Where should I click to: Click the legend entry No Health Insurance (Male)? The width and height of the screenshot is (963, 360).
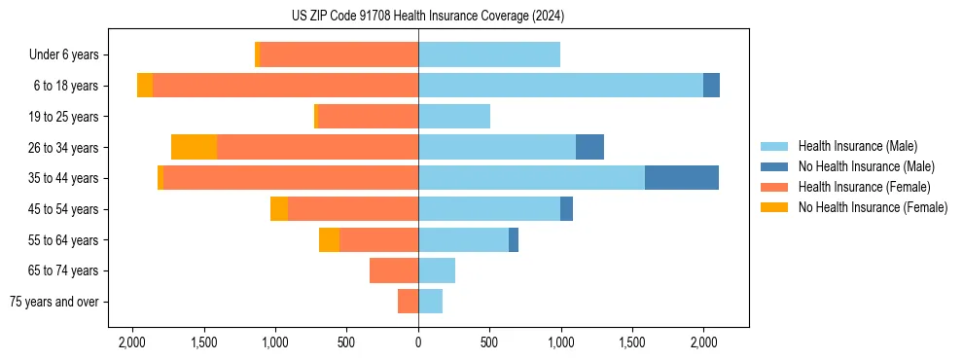pyautogui.click(x=865, y=166)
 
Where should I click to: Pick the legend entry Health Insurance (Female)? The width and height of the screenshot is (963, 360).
pyautogui.click(x=864, y=187)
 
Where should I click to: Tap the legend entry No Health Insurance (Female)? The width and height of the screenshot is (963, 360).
pyautogui.click(x=872, y=207)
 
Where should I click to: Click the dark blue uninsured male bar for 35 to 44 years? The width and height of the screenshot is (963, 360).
pyautogui.click(x=681, y=178)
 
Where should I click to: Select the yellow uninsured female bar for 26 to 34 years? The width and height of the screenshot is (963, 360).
pyautogui.click(x=194, y=147)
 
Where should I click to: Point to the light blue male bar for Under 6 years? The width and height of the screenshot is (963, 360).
pyautogui.click(x=489, y=54)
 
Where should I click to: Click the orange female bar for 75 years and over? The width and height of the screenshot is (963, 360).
pyautogui.click(x=408, y=302)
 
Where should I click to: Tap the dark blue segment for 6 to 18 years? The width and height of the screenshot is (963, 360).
pyautogui.click(x=711, y=86)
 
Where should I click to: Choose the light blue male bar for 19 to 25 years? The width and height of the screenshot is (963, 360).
pyautogui.click(x=454, y=117)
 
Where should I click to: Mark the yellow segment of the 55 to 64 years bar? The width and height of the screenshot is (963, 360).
pyautogui.click(x=329, y=239)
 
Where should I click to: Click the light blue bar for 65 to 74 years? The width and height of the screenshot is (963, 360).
pyautogui.click(x=437, y=270)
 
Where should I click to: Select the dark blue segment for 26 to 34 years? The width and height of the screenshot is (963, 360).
pyautogui.click(x=589, y=147)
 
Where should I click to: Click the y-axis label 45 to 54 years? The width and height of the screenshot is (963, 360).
pyautogui.click(x=63, y=209)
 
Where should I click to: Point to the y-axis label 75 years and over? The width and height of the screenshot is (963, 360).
pyautogui.click(x=54, y=302)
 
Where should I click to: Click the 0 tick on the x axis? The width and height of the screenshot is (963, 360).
pyautogui.click(x=418, y=342)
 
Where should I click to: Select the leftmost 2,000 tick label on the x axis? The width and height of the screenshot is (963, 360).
pyautogui.click(x=132, y=342)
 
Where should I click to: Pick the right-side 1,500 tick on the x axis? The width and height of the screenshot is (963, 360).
pyautogui.click(x=632, y=342)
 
